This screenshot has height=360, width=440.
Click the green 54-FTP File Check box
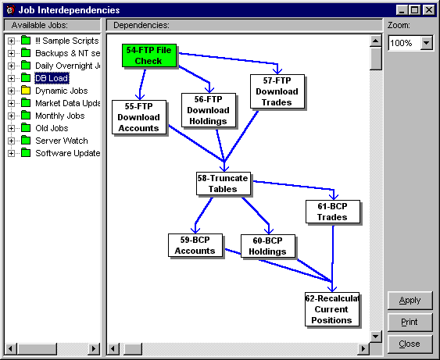149,55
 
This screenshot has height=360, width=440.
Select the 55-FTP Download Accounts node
139,117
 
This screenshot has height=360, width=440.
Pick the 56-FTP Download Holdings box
209,110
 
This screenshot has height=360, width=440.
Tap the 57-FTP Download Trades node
277,91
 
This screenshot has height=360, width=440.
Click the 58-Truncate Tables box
224,184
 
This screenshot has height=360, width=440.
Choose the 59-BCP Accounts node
195,245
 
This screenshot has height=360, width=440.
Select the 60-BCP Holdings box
268,246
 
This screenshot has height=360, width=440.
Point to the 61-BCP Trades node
333,212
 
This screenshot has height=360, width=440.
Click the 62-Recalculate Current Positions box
332,309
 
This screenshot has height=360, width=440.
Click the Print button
410,322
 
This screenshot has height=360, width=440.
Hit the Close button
410,344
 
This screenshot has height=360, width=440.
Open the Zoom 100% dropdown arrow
427,43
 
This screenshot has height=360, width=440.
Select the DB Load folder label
52,78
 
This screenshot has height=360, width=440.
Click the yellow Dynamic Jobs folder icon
26,91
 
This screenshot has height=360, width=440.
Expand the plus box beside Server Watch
11,141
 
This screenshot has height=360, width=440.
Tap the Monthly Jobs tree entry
59,116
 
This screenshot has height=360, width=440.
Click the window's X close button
429,10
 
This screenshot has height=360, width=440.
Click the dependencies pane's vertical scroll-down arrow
376,337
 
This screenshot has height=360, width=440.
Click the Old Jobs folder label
52,128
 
